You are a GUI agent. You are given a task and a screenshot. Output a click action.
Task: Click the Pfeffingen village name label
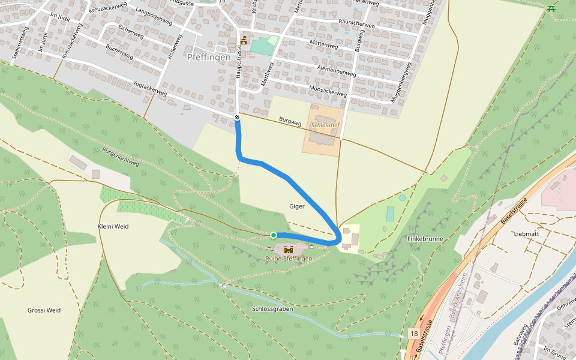(209, 58)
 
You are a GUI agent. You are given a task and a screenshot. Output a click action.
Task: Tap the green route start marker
(274, 235)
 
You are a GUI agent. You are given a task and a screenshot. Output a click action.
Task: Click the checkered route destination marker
(238, 118)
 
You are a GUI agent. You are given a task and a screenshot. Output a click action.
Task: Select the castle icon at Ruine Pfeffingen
(289, 249)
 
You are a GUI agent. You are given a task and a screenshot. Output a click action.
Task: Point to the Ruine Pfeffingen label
(289, 259)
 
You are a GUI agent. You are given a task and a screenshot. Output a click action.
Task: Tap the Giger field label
(297, 206)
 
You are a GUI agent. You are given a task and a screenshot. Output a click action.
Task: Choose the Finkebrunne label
(425, 239)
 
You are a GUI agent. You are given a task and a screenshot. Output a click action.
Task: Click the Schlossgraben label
(272, 308)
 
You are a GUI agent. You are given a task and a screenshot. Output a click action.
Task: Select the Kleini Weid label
(113, 226)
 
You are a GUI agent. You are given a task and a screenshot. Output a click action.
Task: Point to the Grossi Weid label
(44, 310)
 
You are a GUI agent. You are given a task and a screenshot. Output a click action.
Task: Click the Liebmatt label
(527, 233)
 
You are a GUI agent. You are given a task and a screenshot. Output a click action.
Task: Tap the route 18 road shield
(414, 333)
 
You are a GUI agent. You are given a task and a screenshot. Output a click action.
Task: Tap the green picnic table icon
(551, 8)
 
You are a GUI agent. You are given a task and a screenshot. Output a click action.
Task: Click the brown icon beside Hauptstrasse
(244, 40)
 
